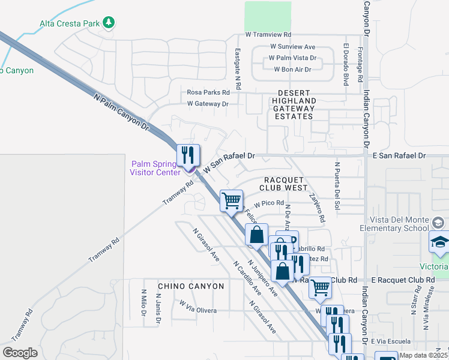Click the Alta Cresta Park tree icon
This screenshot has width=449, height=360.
pos(109,23)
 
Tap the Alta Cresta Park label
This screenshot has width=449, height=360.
pos(69,24)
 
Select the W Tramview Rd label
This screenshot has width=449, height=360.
pos(268,35)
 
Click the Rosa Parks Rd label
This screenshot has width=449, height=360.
pos(208,92)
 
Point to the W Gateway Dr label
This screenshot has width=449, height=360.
pos(208,104)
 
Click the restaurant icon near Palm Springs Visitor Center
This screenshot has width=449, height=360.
pos(188,155)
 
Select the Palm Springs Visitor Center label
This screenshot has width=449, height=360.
pos(155,168)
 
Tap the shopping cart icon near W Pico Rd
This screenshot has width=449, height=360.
pos(231,200)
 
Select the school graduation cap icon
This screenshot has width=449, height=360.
pos(439,243)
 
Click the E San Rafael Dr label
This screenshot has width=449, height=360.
pos(397,155)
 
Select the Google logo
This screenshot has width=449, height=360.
pos(20,353)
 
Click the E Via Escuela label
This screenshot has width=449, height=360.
pos(390,341)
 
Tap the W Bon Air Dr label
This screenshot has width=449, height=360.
pos(292,70)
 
